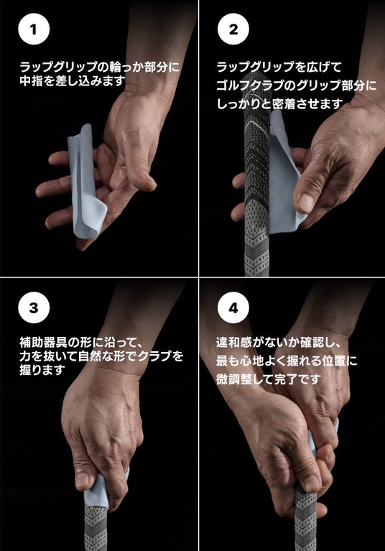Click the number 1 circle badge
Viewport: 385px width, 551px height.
coord(34,29)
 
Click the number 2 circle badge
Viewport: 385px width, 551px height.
coord(233,29)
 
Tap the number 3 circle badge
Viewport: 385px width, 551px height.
coord(34,307)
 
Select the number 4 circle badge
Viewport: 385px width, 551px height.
coord(233,307)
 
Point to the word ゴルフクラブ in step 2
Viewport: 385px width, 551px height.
coord(249,85)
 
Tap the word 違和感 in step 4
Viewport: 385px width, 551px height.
coord(234,341)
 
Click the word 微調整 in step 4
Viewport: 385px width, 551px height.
coord(234,379)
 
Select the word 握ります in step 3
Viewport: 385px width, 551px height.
coord(42,370)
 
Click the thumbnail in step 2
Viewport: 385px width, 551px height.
coord(305,203)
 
